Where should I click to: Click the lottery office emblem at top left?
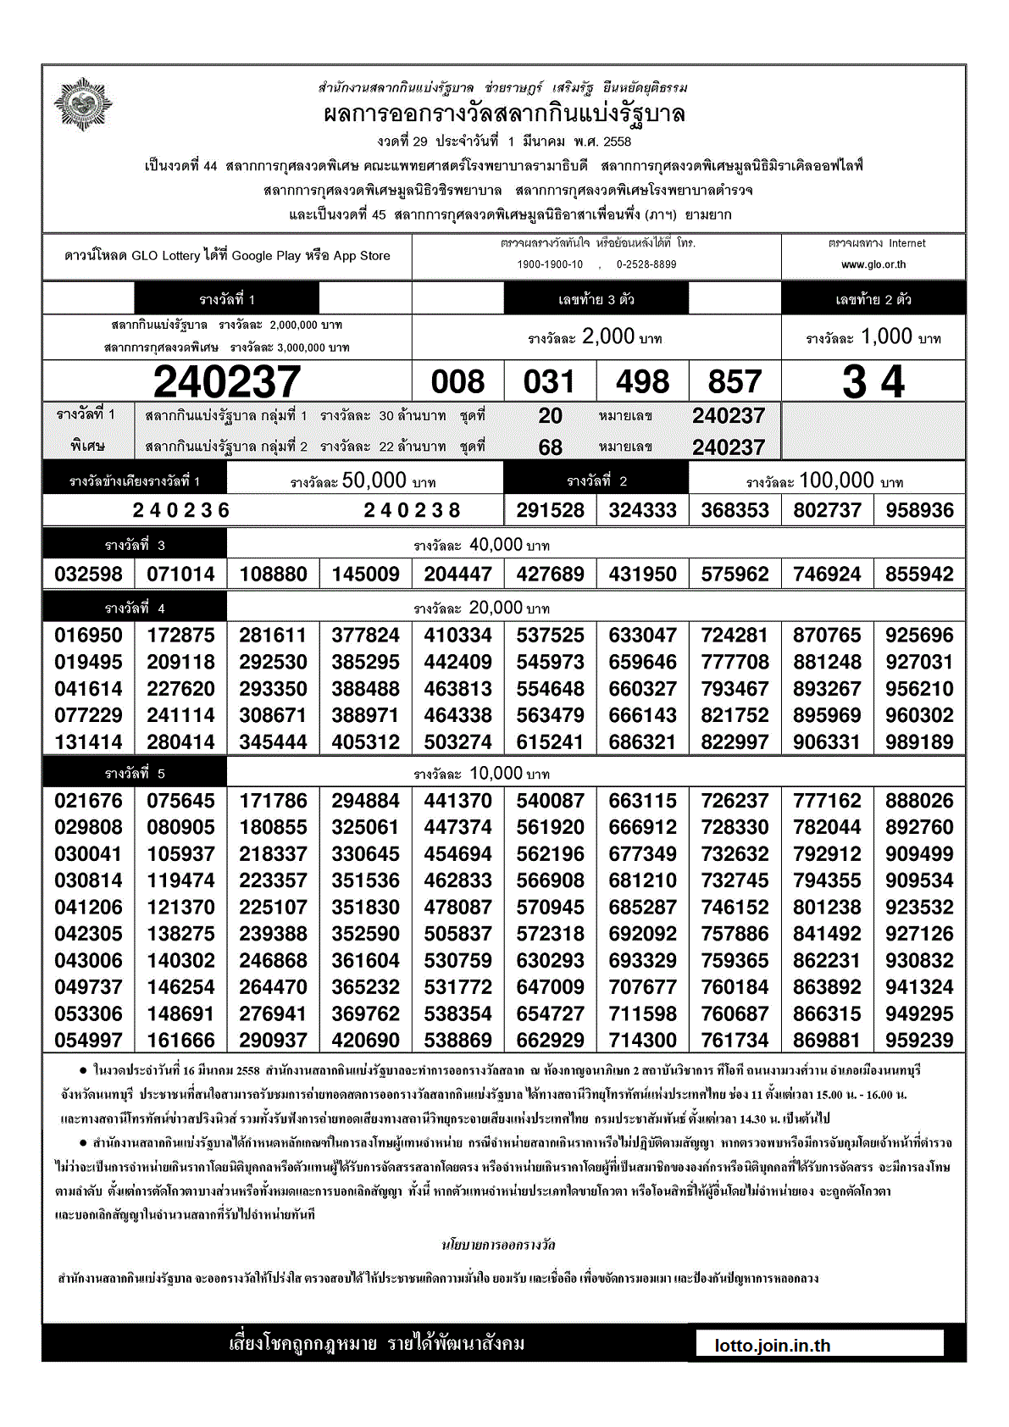click(83, 104)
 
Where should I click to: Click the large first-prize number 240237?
click(227, 381)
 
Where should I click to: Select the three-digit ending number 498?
click(642, 382)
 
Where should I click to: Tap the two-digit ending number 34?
click(873, 381)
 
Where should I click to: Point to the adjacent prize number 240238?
click(412, 510)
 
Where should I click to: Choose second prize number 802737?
click(827, 510)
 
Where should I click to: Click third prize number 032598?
click(88, 574)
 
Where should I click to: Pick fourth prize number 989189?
click(919, 741)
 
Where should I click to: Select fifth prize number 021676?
click(88, 800)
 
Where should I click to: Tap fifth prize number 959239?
click(919, 1040)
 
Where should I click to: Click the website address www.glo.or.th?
click(873, 264)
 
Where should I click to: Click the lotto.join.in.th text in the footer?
click(773, 1346)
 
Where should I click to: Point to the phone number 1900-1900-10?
click(550, 264)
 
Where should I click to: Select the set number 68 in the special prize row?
click(550, 447)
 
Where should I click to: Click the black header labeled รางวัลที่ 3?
click(135, 545)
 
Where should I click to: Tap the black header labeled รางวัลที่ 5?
click(135, 773)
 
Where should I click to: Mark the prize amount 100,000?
click(836, 480)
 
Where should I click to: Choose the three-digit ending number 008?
click(457, 382)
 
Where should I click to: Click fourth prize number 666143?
click(642, 715)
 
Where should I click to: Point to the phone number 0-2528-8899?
click(646, 264)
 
